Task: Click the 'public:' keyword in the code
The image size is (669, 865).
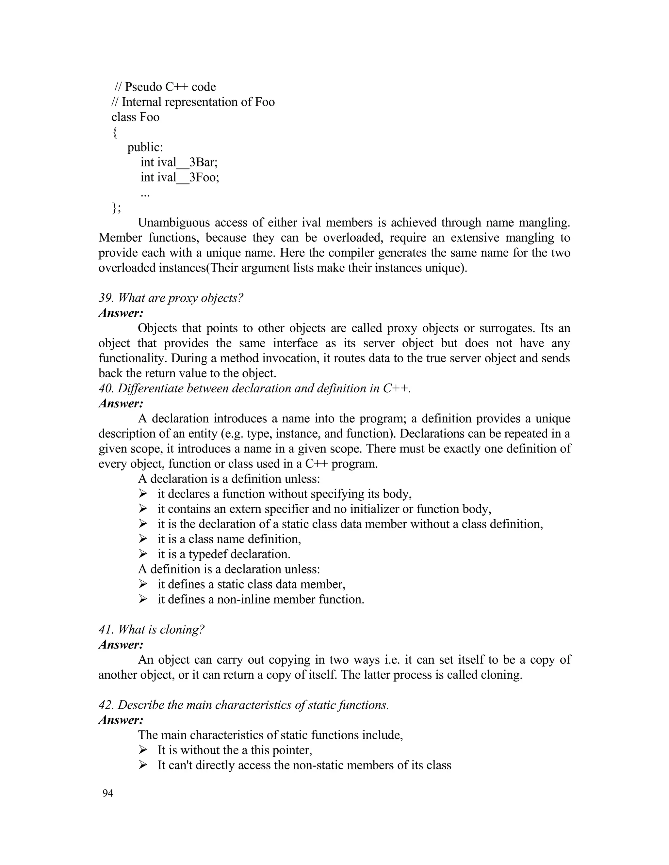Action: [145, 147]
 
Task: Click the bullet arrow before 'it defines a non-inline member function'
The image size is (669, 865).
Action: [143, 599]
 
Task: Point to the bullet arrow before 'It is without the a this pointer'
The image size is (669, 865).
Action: [143, 750]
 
